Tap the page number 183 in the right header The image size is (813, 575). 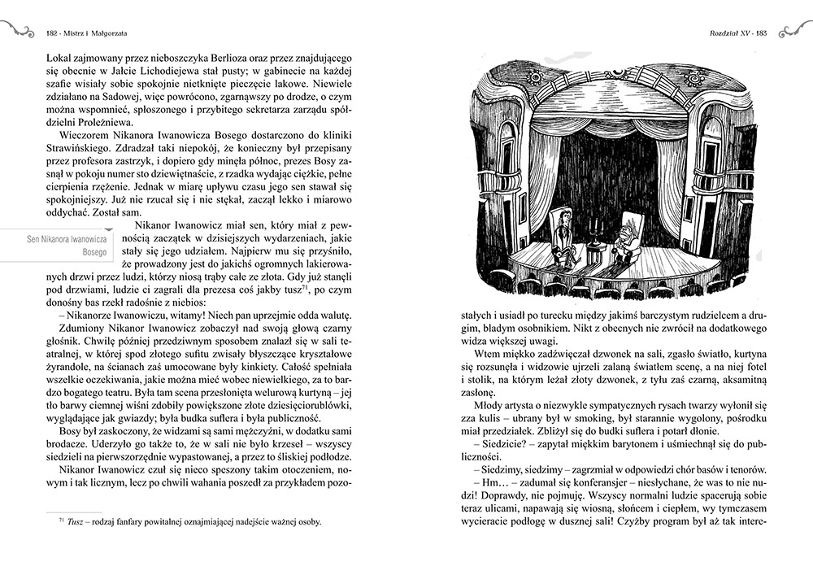click(x=761, y=33)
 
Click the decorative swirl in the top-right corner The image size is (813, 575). click(x=793, y=31)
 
